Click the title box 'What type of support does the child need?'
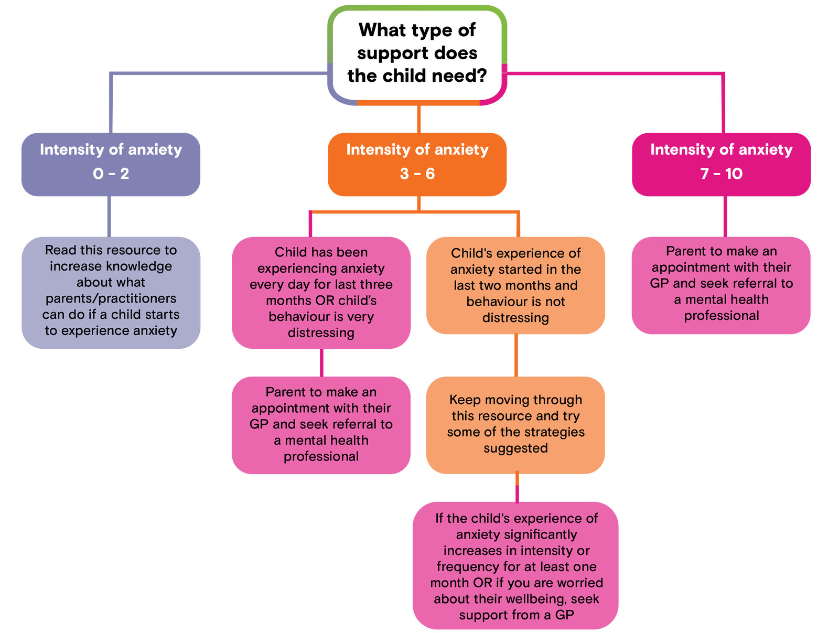pos(417,53)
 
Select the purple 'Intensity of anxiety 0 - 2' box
pos(111,164)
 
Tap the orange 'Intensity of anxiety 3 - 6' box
pos(417,164)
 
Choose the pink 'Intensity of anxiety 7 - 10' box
pos(721,164)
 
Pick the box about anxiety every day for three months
pos(321,292)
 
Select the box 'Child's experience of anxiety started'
pos(515,285)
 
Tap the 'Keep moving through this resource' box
pos(515,424)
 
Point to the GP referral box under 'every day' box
pos(321,424)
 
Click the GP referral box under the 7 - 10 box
pos(721,284)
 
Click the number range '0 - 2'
pos(111,174)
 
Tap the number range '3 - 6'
pos(417,174)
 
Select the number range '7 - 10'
pos(721,174)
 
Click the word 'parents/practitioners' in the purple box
pos(111,298)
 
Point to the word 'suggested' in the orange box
pos(515,448)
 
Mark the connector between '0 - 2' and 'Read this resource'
pos(109,216)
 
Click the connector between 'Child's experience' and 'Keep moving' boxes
pos(516,355)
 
